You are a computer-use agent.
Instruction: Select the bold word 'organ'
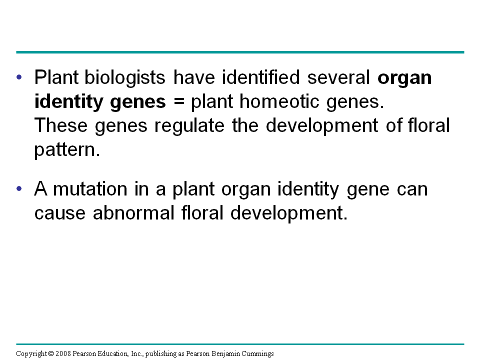[404, 78]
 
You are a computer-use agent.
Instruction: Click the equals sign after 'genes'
[179, 102]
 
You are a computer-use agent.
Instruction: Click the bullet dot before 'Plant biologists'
[19, 78]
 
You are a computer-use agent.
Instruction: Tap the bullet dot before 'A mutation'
[19, 189]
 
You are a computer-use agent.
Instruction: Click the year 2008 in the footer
[63, 354]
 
